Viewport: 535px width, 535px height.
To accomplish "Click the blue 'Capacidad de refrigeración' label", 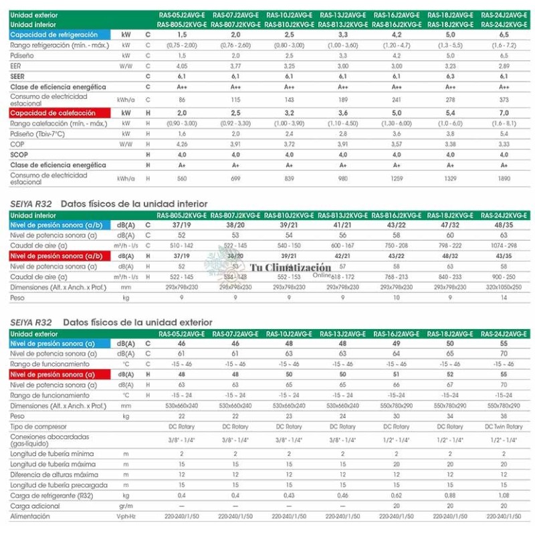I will [53, 34].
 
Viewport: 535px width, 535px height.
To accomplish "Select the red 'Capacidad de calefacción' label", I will [53, 113].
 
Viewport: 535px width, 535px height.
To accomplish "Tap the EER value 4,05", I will [182, 66].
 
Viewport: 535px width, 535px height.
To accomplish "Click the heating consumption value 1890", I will [504, 179].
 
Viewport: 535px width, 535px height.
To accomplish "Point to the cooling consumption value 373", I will [504, 99].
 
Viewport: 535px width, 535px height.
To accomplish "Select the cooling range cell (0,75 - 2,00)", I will [182, 45].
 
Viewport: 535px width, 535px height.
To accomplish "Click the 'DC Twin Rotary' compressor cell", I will [504, 427].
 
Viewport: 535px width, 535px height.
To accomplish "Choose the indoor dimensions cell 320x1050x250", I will [504, 286].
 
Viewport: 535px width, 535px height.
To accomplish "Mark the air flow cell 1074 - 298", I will [504, 245].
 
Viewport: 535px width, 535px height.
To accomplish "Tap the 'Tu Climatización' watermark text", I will [290, 267].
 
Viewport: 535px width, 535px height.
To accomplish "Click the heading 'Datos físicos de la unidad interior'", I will [134, 203].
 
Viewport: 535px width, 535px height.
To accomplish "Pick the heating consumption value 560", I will [182, 179].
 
